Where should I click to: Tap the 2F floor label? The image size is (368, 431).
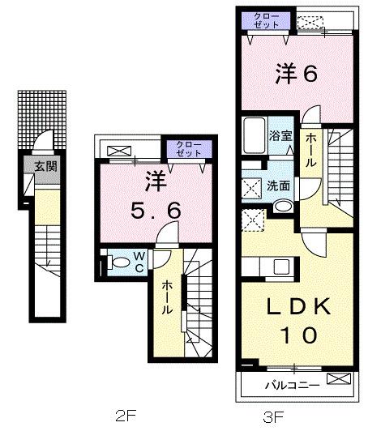point(124,417)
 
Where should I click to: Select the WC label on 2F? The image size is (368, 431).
point(139,262)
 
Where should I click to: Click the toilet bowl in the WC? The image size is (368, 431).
point(118,262)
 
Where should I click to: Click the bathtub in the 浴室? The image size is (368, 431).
point(253,135)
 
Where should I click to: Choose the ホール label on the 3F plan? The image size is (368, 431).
point(310,151)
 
